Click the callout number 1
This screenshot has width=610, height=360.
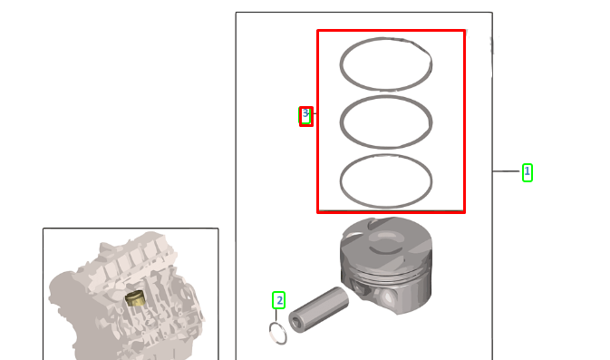point(527,171)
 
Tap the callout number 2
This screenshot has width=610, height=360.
point(279,299)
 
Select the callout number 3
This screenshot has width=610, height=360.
point(306,116)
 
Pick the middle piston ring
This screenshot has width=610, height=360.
point(386,99)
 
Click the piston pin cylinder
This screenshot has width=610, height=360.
point(322,306)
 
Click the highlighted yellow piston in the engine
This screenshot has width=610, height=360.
point(137,299)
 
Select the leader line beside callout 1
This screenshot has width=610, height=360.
point(507,171)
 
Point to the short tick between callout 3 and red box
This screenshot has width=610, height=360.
point(315,113)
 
